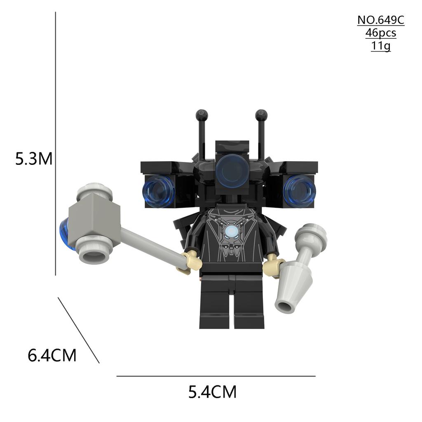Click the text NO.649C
click(380, 20)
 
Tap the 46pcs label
click(380, 33)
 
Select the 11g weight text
click(380, 46)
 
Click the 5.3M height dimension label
click(34, 159)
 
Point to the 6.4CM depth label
click(52, 355)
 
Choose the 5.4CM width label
click(212, 392)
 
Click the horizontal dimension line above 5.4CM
click(216, 376)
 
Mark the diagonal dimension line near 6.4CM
click(78, 330)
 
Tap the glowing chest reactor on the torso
click(231, 231)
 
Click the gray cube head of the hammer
click(94, 218)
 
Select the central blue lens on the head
click(232, 169)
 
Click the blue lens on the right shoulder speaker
click(300, 191)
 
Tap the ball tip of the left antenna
click(202, 114)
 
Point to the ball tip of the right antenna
click(261, 114)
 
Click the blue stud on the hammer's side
click(65, 234)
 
